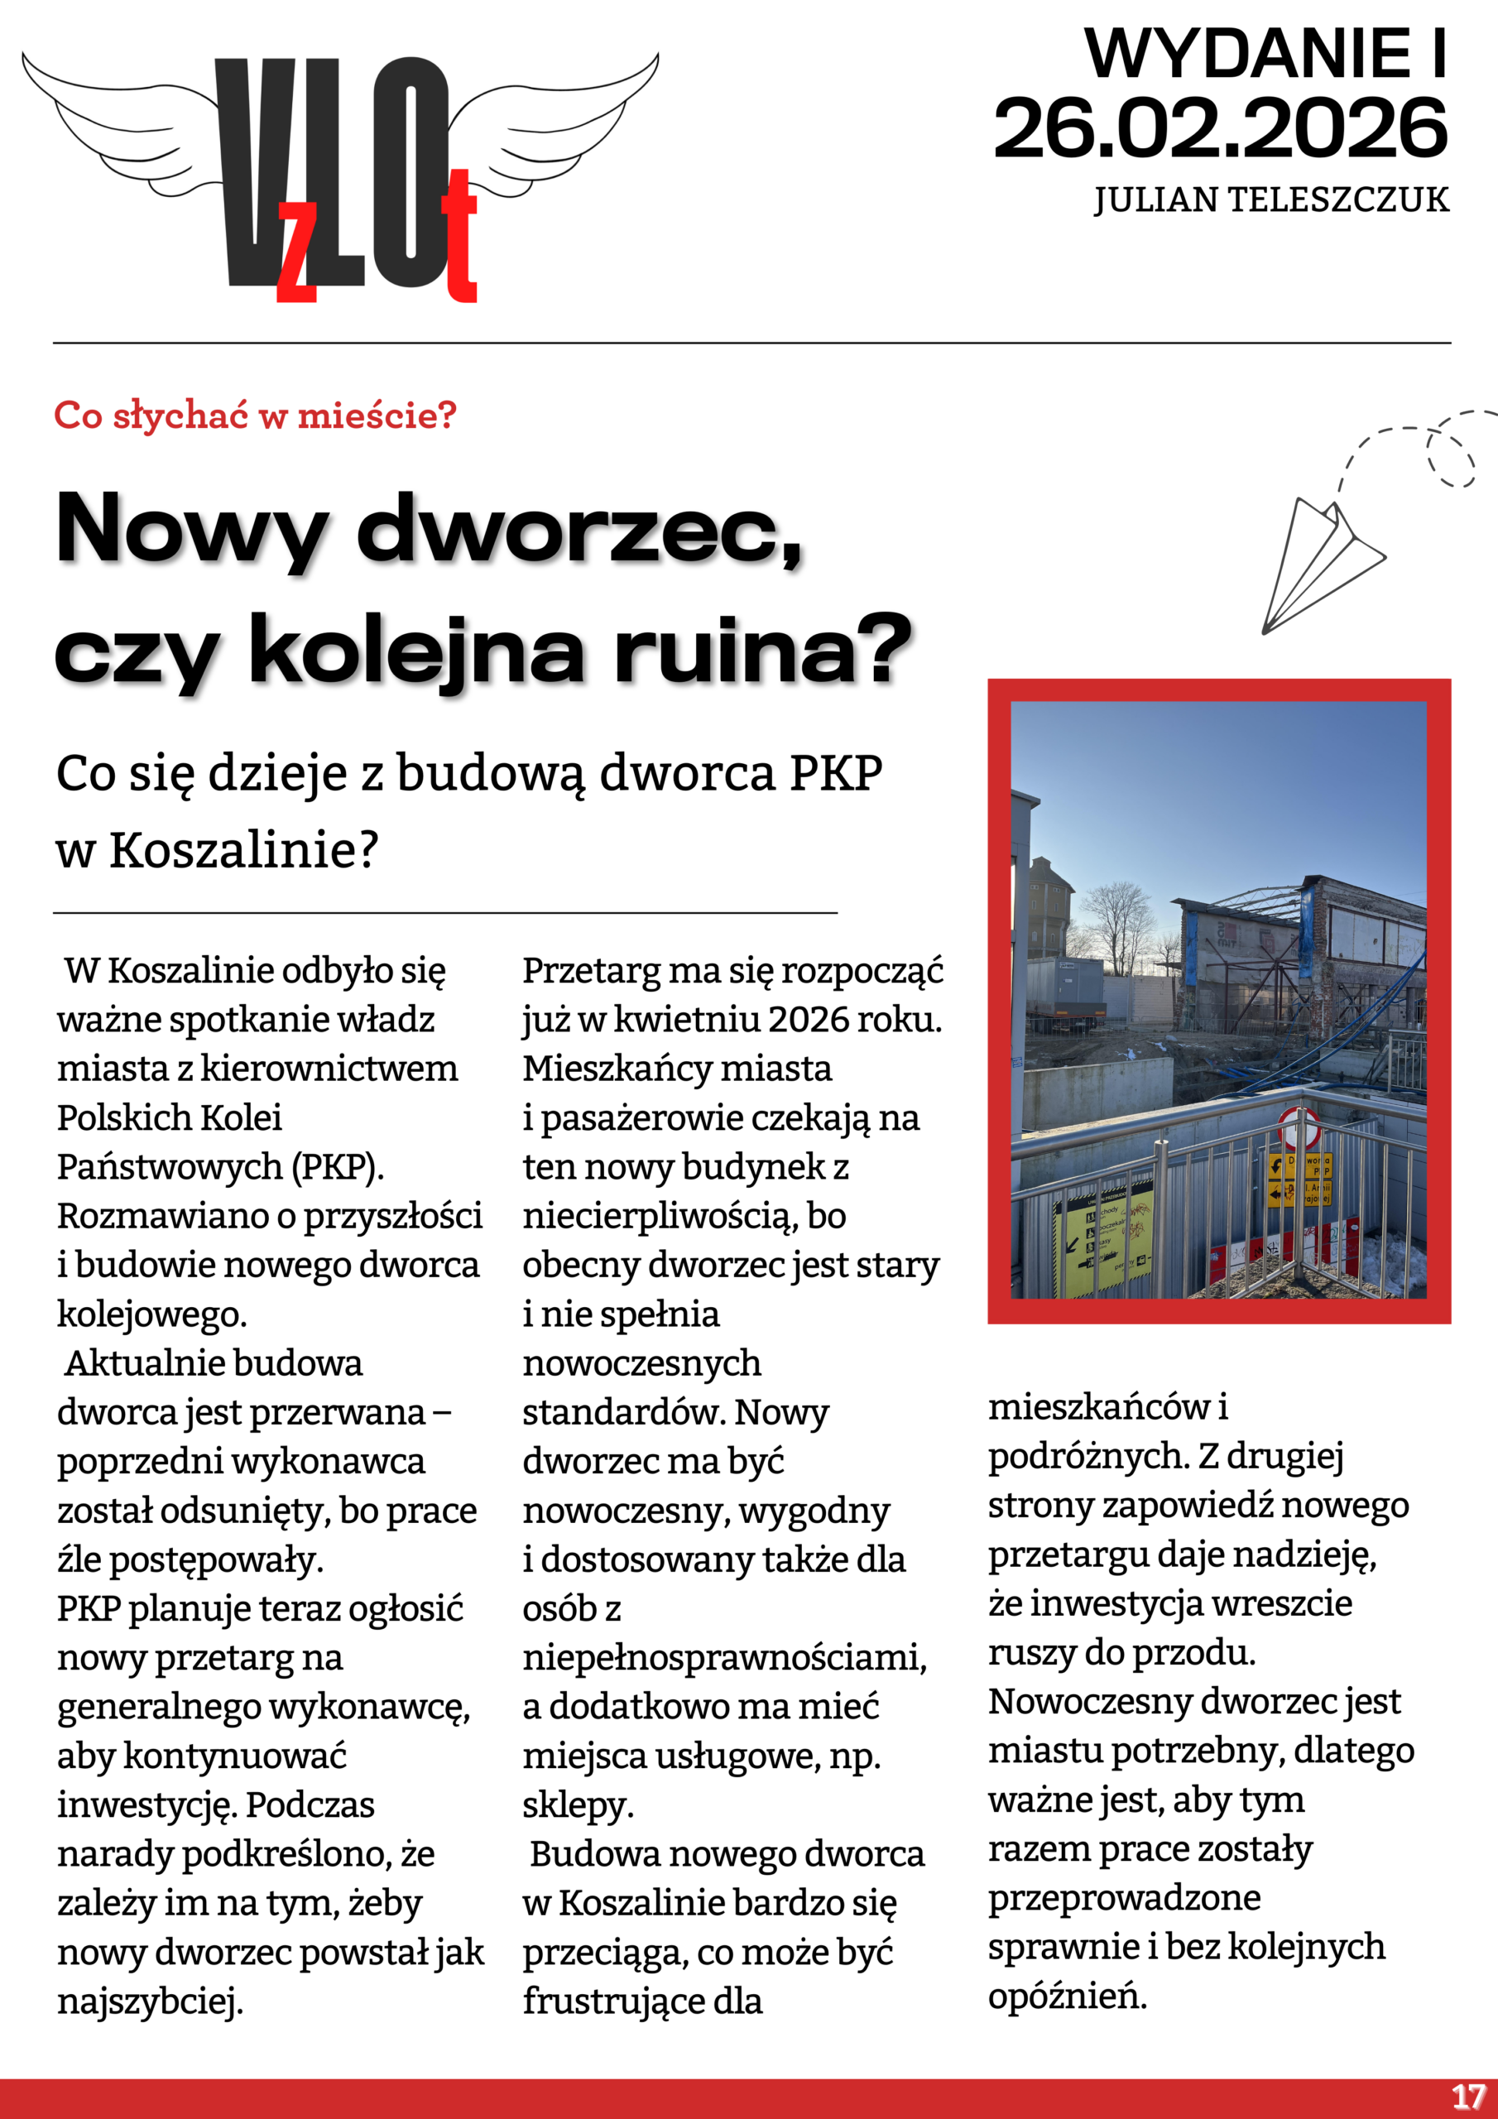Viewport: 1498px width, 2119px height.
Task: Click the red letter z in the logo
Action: (x=297, y=254)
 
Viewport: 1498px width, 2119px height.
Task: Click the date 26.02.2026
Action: (x=1220, y=128)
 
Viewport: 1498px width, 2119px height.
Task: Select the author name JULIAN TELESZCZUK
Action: (x=1271, y=200)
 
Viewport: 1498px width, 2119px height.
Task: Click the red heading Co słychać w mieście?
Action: (x=256, y=416)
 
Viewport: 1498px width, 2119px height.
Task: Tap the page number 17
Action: (x=1467, y=2096)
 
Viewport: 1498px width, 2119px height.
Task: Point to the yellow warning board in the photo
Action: (x=1104, y=1232)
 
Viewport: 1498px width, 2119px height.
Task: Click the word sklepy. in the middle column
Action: (x=579, y=1804)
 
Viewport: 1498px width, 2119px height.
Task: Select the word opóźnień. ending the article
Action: (x=1068, y=1996)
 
